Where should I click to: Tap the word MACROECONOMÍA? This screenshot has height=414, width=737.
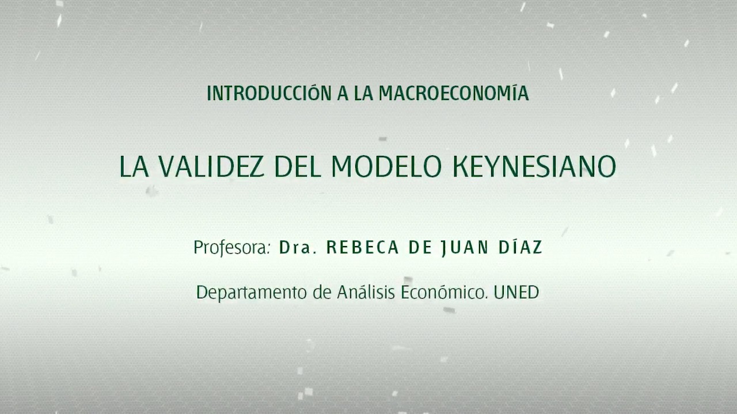point(454,93)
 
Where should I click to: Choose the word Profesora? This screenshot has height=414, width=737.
point(231,248)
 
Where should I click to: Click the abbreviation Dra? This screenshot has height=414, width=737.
point(298,248)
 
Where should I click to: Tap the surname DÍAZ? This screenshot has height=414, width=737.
point(521,248)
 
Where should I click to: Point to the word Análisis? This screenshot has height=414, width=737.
point(366,292)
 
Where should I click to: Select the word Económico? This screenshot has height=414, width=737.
point(442,292)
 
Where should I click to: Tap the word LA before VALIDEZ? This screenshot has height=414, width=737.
point(134,167)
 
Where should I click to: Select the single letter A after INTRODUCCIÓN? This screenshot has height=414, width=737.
point(343,93)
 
